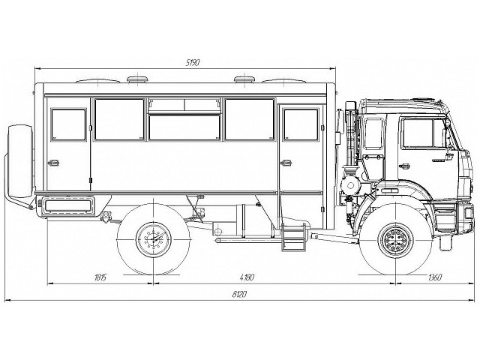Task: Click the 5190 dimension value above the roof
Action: [193, 62]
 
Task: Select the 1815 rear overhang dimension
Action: [101, 277]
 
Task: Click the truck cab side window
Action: [423, 133]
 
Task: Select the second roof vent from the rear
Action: [137, 78]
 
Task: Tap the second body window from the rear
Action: [119, 119]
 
